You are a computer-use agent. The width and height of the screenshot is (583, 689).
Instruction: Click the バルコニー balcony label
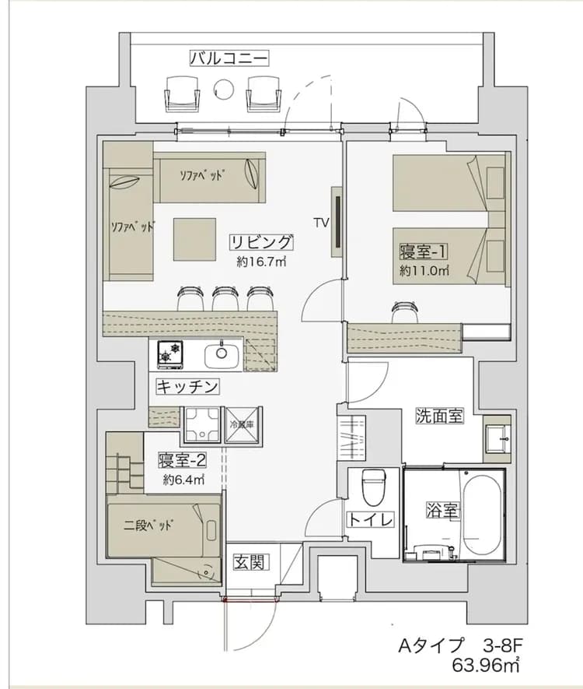click(x=229, y=58)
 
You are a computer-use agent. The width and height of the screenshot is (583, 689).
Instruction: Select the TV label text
click(x=321, y=222)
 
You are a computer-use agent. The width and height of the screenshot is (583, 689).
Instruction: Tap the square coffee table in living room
click(x=194, y=239)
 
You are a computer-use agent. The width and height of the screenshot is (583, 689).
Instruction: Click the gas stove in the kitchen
click(x=170, y=354)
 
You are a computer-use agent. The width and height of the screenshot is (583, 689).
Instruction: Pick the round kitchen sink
click(x=221, y=355)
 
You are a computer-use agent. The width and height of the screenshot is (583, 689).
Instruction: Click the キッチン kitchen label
click(x=187, y=386)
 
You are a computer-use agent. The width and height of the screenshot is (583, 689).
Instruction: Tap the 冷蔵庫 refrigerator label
click(x=243, y=425)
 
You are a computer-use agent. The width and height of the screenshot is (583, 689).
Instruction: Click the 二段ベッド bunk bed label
click(x=148, y=523)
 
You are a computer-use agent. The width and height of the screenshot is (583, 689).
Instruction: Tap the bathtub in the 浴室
click(x=484, y=512)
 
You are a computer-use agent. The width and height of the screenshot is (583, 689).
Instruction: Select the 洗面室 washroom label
click(x=439, y=416)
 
